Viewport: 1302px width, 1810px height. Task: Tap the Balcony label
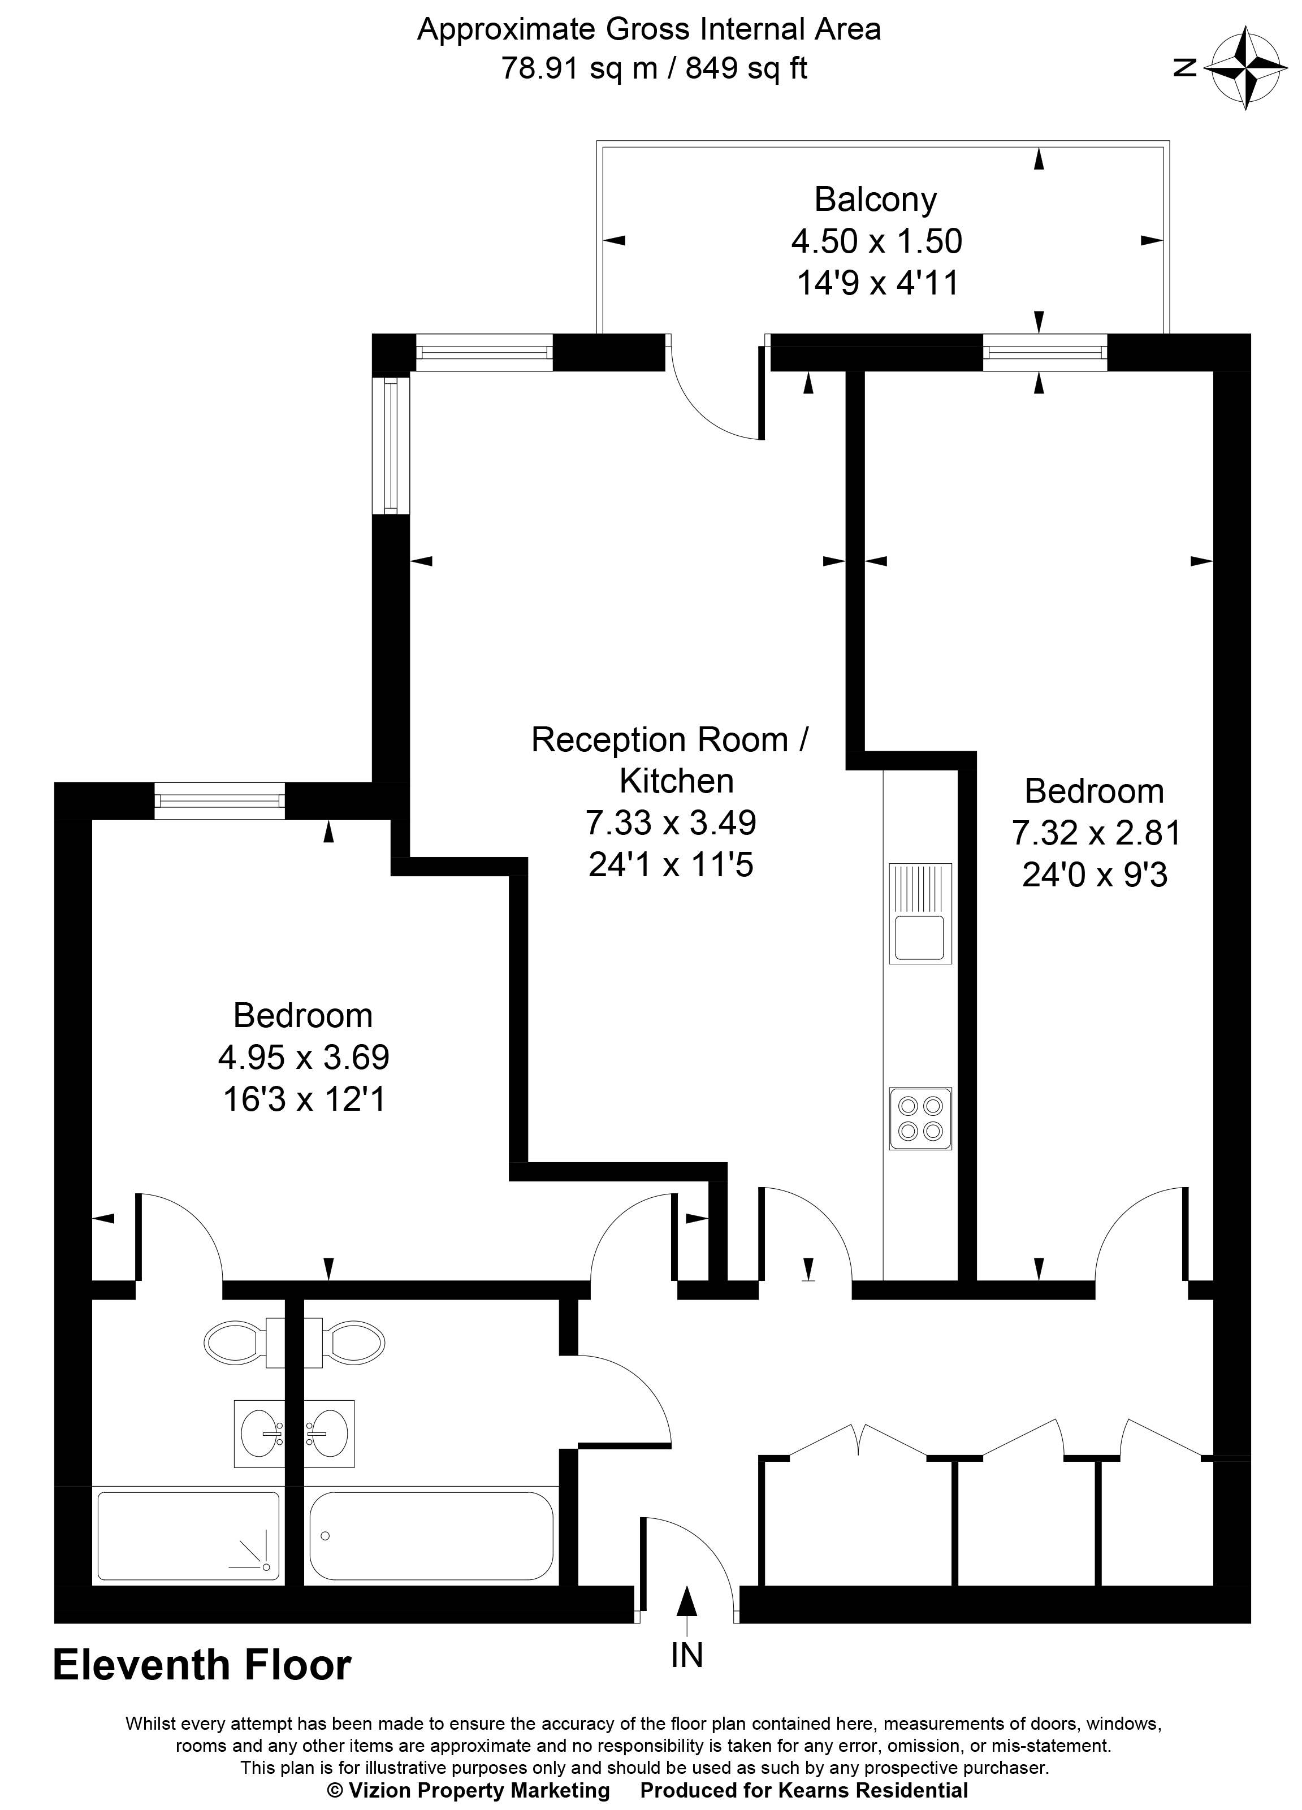[875, 199]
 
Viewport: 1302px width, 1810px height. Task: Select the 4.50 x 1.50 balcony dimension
[876, 240]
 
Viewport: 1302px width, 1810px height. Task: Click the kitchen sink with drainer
[920, 913]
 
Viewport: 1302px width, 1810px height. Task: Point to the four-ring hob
[920, 1118]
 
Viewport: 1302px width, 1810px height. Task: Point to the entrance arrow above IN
[686, 1603]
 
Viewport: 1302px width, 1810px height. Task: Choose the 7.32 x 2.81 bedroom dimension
[1095, 833]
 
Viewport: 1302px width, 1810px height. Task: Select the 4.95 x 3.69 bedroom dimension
[304, 1058]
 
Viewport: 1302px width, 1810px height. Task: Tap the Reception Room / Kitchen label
[671, 760]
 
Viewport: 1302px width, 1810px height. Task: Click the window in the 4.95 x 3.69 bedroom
[219, 800]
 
